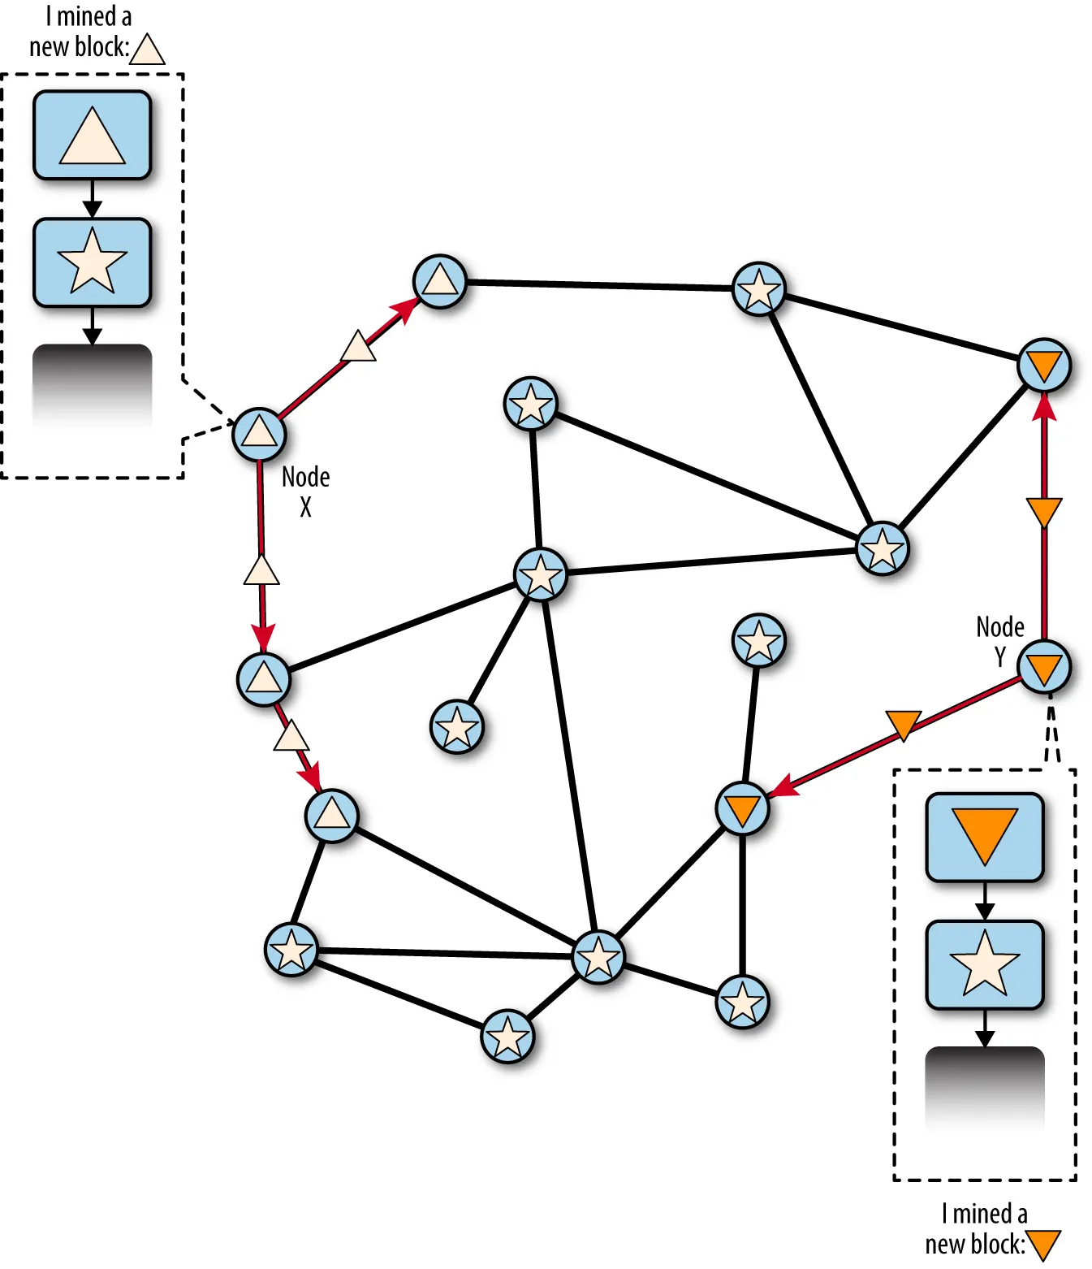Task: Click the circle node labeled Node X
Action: [259, 434]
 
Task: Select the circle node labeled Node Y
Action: [1043, 666]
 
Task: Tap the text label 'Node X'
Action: [305, 492]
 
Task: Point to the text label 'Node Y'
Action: [1000, 641]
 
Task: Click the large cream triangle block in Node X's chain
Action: [92, 135]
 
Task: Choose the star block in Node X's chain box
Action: [92, 262]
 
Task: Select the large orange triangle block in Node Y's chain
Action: [984, 837]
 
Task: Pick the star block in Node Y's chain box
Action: [984, 964]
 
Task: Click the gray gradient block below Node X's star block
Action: [92, 386]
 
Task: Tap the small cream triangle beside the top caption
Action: [147, 49]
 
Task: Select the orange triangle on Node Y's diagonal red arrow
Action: [903, 725]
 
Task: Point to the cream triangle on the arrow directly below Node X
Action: [261, 570]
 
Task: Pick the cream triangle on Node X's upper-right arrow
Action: [358, 345]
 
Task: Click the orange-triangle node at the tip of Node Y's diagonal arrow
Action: [742, 808]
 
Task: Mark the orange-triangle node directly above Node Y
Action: [1043, 366]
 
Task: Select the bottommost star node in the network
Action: [507, 1037]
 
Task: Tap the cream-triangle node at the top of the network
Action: [439, 282]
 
